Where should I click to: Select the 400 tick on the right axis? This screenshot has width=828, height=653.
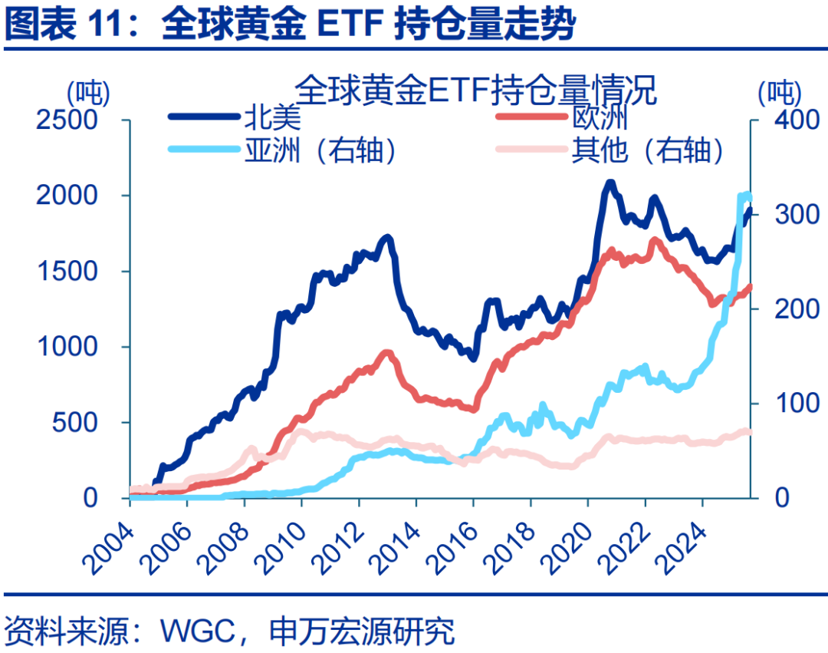pyautogui.click(x=780, y=120)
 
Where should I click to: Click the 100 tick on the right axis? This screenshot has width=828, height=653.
pyautogui.click(x=780, y=404)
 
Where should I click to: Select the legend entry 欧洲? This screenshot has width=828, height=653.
pyautogui.click(x=600, y=117)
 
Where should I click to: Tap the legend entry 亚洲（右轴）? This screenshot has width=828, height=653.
pyautogui.click(x=322, y=150)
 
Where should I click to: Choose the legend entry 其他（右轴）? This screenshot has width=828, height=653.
pyautogui.click(x=649, y=150)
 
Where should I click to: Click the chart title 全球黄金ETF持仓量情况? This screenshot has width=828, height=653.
pyautogui.click(x=476, y=90)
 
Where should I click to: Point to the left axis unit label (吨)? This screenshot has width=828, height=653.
pyautogui.click(x=90, y=94)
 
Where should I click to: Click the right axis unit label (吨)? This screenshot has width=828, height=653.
pyautogui.click(x=779, y=94)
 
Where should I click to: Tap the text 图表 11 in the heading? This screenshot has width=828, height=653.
pyautogui.click(x=66, y=25)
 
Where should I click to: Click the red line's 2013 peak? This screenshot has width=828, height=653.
pyautogui.click(x=387, y=354)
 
